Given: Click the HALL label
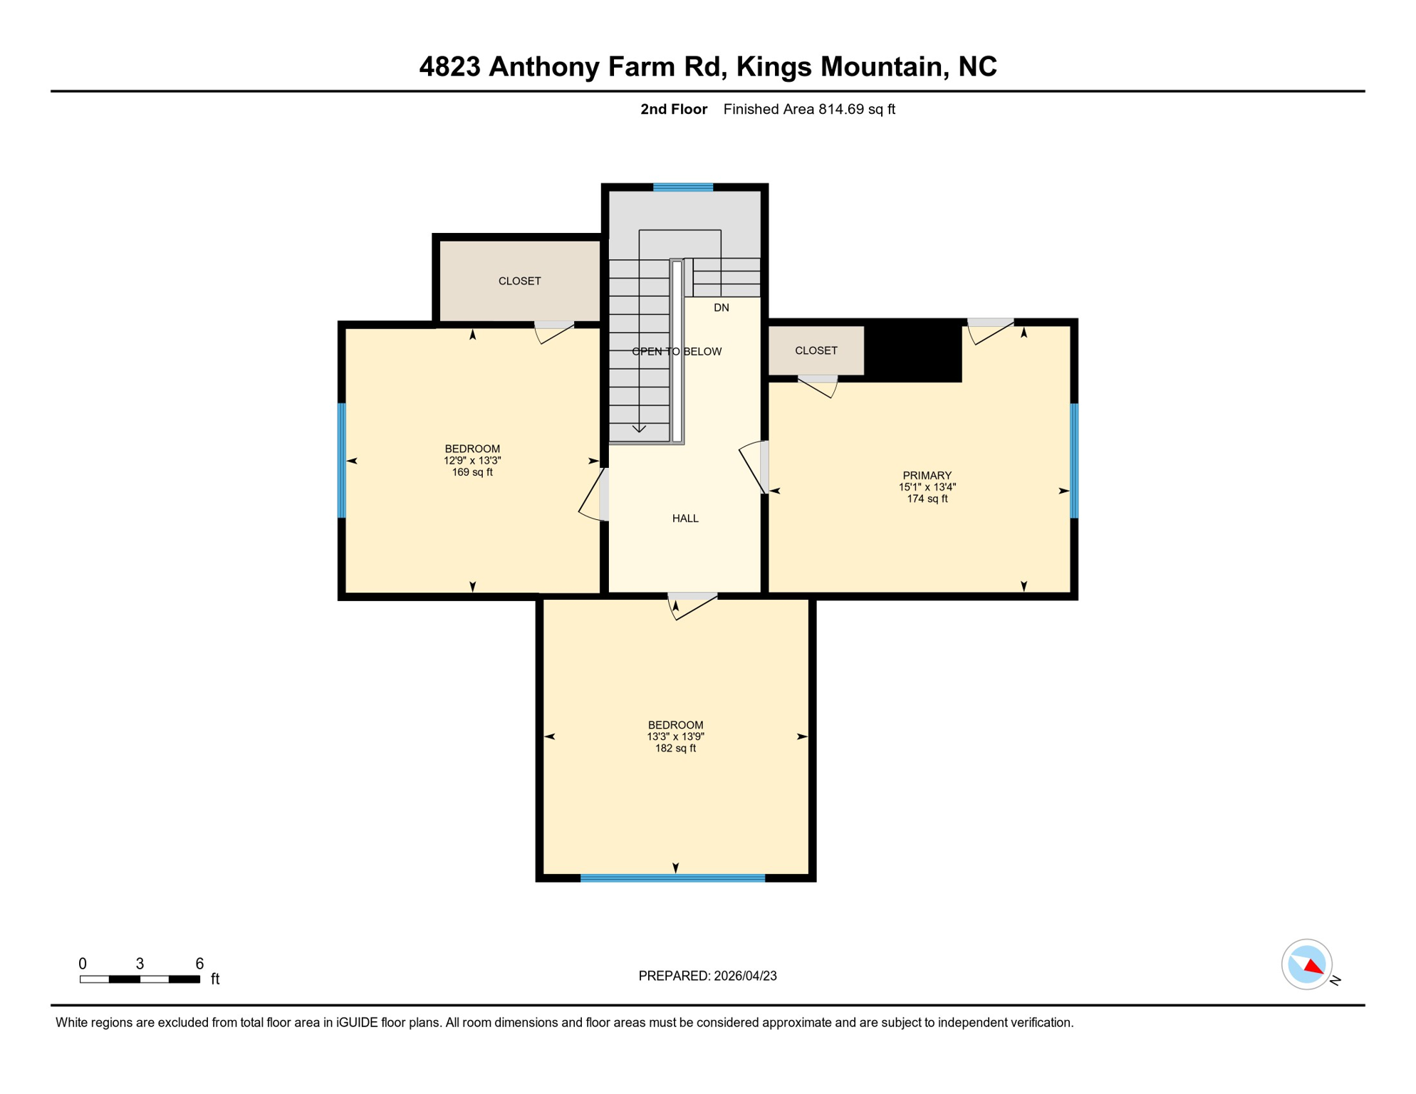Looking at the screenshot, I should coord(685,519).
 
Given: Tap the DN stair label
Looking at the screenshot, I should coord(722,308).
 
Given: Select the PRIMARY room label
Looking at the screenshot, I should coord(927,475).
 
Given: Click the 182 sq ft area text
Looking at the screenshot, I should coord(675,749).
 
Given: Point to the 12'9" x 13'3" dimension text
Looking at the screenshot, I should coord(472,461).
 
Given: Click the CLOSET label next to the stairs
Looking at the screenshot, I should coord(519,281).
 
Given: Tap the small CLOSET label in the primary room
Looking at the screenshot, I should coord(816,350).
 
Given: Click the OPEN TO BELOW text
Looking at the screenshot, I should coord(677,351).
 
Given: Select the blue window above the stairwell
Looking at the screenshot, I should coord(683,187).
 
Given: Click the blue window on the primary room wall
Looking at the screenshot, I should coord(1074,460).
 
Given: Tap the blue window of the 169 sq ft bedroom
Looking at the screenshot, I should coord(342,460).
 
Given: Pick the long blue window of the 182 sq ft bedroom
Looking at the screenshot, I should coord(672,878).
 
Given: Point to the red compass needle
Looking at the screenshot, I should coord(1314,967).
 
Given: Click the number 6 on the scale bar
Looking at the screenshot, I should coord(199,964).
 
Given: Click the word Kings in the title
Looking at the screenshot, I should coord(774,67).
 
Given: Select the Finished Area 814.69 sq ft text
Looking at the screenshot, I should coord(808,109).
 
